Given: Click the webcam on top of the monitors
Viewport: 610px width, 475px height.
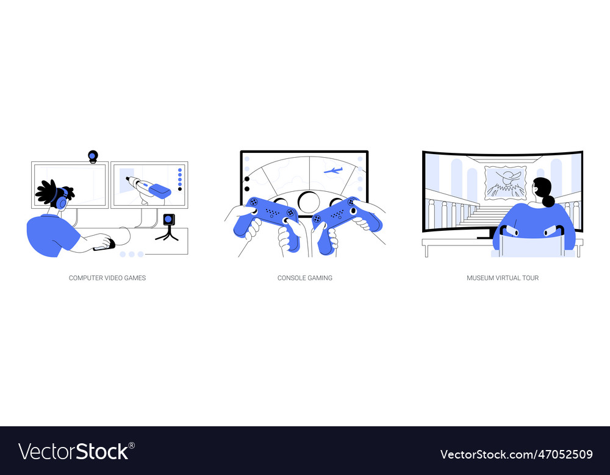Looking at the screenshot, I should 93,157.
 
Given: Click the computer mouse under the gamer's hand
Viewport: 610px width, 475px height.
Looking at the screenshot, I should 104,245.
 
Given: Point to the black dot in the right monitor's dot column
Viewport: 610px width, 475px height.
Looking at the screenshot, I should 179,189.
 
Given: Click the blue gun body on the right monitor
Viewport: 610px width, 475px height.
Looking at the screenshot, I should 159,190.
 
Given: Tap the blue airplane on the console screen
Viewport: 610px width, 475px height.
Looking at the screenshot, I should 333,171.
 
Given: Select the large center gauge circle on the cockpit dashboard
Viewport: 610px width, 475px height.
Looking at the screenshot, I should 309,201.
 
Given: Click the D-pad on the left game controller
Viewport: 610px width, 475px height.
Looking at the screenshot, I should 253,202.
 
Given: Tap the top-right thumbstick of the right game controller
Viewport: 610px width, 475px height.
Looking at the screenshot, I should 351,202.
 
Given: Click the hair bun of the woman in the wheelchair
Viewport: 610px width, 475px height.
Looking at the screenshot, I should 548,201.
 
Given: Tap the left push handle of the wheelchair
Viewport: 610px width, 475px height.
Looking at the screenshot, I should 510,231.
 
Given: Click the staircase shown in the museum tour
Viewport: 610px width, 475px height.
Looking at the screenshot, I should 482,214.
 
